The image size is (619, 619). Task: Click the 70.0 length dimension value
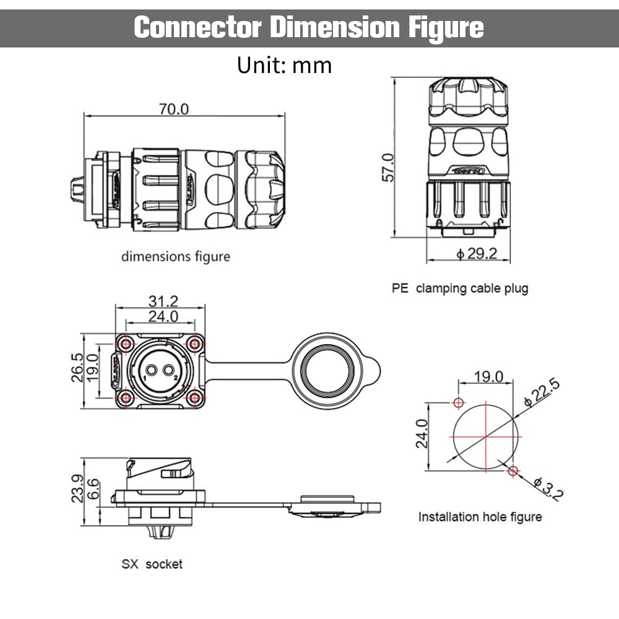[174, 109]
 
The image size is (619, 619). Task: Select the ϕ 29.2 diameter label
[477, 254]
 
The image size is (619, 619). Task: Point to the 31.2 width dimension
[163, 301]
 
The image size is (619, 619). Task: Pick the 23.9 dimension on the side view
[78, 489]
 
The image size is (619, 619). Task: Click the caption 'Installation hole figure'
[480, 517]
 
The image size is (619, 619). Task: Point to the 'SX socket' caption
[152, 564]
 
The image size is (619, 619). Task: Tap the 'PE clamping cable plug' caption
[460, 288]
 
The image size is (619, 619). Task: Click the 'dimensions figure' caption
[175, 256]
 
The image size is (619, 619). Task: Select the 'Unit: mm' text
[284, 65]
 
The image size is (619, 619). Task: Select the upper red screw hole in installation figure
[458, 404]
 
